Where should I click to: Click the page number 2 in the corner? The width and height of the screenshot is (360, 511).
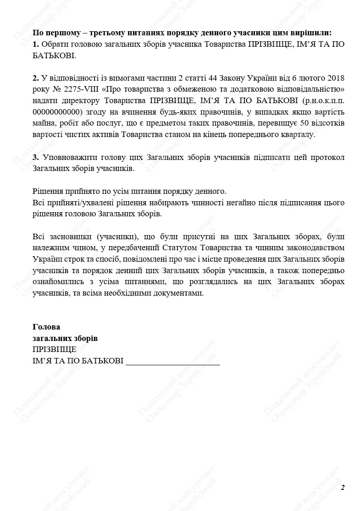click(343, 487)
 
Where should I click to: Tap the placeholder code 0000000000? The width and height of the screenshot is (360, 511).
click(57, 112)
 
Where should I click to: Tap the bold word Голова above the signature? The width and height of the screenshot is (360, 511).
click(46, 327)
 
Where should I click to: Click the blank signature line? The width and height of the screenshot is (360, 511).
click(172, 363)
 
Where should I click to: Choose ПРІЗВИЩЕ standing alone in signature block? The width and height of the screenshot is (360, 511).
click(55, 350)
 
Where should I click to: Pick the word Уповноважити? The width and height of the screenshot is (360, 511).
click(68, 157)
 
